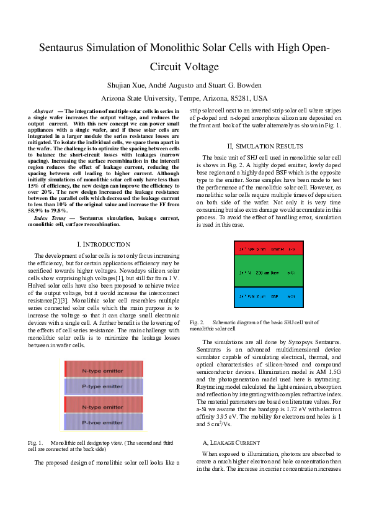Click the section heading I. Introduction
coord(104,245)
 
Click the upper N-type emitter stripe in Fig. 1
coord(102,370)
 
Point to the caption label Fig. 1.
coord(35,443)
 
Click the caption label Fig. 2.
coord(197,323)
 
